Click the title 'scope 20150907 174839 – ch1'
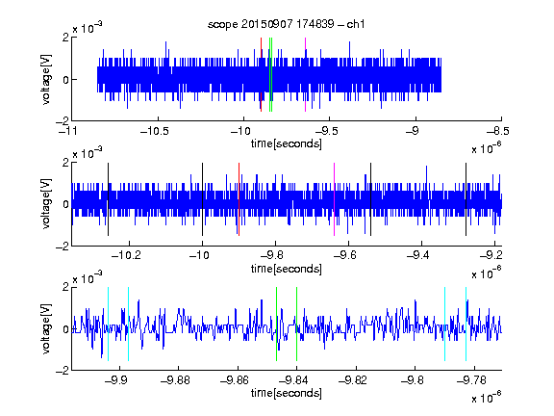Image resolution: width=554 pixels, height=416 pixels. coord(287,24)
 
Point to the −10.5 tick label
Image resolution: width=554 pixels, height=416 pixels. coord(155,131)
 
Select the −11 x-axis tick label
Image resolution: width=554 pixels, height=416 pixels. coord(68,131)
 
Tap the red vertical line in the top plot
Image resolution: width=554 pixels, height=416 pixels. coord(261,75)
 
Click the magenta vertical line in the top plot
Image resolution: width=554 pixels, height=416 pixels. coord(305,75)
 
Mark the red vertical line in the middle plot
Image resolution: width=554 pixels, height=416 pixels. coord(239,199)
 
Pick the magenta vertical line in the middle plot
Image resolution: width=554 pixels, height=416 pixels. coord(335,199)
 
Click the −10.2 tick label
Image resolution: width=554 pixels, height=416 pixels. coord(126,255)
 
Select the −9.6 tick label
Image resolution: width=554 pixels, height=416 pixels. coord(345,255)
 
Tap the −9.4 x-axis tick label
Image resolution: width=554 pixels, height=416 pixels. coord(418,255)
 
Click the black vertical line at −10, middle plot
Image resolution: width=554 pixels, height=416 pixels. coord(202,199)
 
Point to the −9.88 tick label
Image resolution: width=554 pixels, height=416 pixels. coord(175,380)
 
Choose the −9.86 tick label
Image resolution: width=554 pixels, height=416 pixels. coord(235,380)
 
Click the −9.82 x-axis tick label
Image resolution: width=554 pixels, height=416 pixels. coord(353,380)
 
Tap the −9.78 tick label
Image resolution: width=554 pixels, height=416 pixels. coord(471,380)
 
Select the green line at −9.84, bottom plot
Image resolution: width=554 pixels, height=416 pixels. coord(296,324)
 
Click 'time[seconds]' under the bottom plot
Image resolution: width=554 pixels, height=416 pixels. coord(287,393)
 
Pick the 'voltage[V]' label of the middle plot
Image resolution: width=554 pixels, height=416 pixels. coord(46,204)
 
